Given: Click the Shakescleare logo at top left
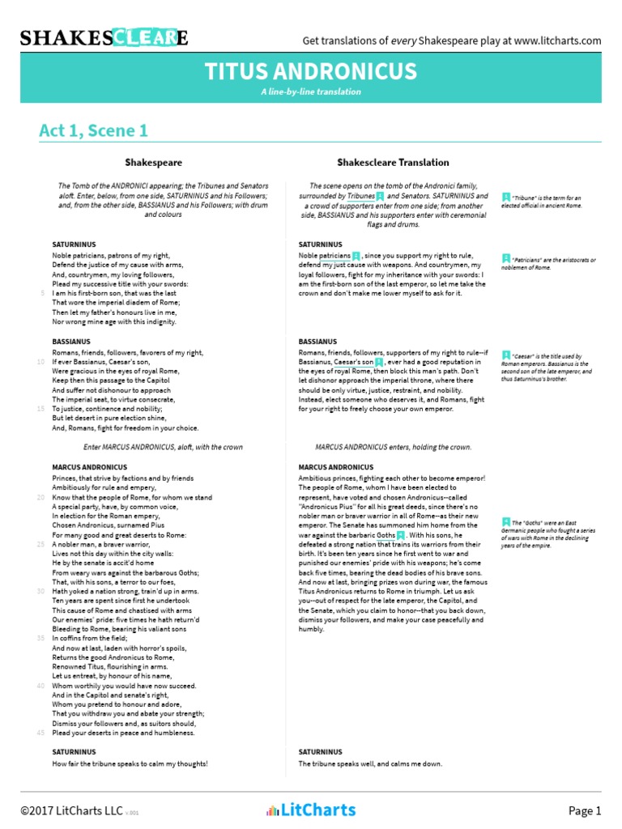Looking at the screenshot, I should click(104, 38).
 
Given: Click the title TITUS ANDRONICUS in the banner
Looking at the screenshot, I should click(311, 72).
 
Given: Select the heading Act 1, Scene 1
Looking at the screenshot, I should click(93, 130).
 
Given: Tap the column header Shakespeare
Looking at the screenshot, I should click(153, 163).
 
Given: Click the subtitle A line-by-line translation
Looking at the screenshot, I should click(311, 91).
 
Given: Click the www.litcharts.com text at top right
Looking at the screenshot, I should click(557, 40).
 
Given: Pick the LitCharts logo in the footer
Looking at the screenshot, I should click(311, 810).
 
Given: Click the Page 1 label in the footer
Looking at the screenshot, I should click(585, 810).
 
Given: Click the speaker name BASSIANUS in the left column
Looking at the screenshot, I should click(71, 342).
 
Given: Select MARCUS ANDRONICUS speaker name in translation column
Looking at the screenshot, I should click(336, 467).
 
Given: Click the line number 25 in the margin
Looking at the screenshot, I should click(40, 545).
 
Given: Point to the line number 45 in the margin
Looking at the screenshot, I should click(40, 733).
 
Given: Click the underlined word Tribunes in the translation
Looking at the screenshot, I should click(361, 196).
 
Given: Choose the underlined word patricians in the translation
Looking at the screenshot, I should click(334, 255).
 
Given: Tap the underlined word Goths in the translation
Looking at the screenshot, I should click(386, 535).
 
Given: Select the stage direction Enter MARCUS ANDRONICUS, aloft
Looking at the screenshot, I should click(164, 447).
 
